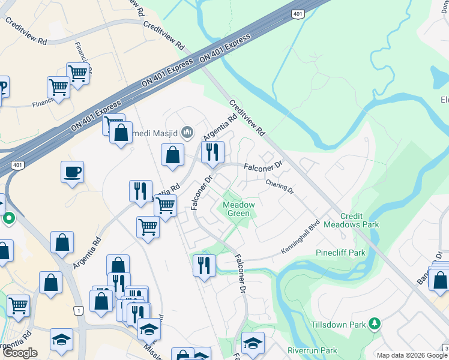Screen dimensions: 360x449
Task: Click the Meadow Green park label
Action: click(x=239, y=209)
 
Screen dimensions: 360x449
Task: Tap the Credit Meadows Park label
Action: click(x=351, y=220)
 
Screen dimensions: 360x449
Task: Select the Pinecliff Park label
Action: click(x=341, y=253)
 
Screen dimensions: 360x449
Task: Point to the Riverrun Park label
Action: click(x=312, y=350)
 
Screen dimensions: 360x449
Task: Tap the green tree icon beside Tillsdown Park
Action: click(x=375, y=325)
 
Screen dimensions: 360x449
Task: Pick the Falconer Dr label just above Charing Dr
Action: click(x=262, y=164)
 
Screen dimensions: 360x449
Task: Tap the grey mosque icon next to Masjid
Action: click(x=187, y=131)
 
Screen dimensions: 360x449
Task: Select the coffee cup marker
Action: click(x=72, y=172)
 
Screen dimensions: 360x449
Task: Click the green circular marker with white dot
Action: click(x=8, y=218)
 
